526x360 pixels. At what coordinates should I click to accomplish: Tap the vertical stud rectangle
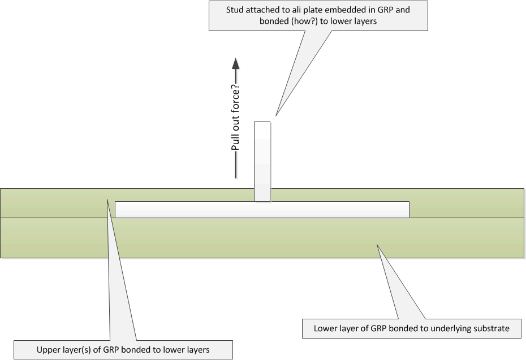(x=262, y=161)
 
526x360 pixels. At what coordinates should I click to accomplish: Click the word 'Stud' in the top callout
(x=235, y=10)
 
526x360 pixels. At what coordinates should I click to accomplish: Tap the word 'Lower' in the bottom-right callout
(x=325, y=328)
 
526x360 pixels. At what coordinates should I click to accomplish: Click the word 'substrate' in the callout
(x=492, y=328)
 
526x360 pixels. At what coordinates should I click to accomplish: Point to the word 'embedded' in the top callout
(x=340, y=10)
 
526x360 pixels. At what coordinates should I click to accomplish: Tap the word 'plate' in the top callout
(x=314, y=10)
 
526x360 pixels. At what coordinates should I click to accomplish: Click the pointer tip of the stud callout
(x=276, y=116)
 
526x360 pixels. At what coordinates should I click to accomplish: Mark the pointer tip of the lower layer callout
(x=377, y=244)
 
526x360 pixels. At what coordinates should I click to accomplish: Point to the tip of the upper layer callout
(x=106, y=198)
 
